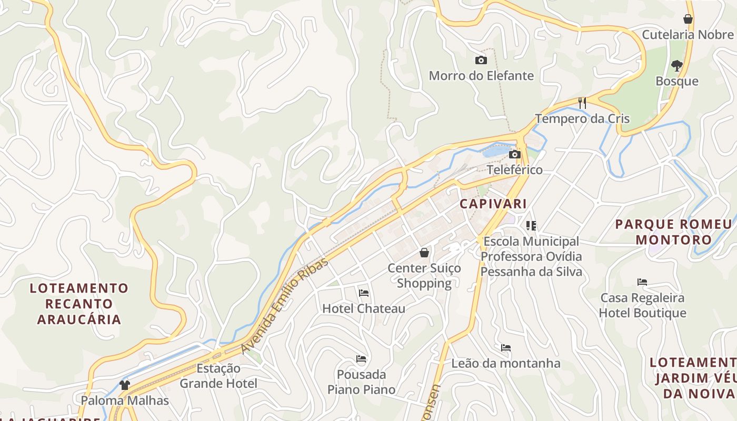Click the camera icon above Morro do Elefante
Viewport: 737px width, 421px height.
pos(481,61)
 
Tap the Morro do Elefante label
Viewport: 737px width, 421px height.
pos(481,76)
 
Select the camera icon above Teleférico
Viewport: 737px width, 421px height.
pos(515,154)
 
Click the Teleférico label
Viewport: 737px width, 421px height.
pos(514,170)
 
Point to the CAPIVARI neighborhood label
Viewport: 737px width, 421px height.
pos(493,204)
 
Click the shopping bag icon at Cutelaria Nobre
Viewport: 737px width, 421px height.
pos(688,19)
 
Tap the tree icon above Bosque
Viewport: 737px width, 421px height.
pos(676,66)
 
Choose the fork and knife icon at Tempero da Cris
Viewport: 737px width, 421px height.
pos(582,103)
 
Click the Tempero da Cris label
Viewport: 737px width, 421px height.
pos(582,119)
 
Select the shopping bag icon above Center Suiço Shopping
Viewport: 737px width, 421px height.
pos(424,253)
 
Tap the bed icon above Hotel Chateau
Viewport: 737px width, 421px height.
pos(363,293)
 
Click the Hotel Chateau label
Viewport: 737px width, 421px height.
pos(364,309)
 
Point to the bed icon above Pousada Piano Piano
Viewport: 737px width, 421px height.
pos(361,359)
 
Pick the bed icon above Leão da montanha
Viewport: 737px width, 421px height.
pos(506,348)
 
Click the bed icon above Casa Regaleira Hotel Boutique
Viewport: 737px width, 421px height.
pos(642,282)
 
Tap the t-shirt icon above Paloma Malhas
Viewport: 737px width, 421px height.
pos(124,385)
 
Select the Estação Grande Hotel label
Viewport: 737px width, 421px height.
pos(218,376)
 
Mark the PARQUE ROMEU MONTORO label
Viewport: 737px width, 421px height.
pos(673,232)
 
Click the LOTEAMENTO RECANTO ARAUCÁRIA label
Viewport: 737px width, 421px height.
pos(79,304)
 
